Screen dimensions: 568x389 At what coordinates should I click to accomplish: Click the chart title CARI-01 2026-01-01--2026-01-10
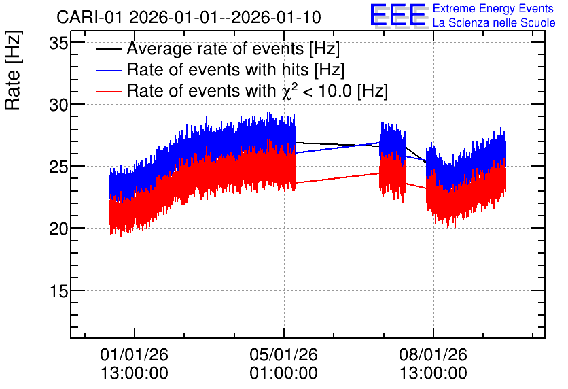point(189,17)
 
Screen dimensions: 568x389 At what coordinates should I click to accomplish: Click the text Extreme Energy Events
point(493,8)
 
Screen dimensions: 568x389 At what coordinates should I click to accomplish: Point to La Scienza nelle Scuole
point(494,23)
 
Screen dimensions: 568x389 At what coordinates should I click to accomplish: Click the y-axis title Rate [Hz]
point(13,70)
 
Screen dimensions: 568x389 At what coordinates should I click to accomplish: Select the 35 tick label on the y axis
point(58,44)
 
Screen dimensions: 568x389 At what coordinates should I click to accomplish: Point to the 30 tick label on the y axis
point(58,105)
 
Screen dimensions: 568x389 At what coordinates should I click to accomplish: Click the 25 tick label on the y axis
point(58,167)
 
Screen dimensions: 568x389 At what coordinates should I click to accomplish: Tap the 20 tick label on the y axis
point(58,229)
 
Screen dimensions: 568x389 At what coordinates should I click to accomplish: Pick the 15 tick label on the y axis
point(58,292)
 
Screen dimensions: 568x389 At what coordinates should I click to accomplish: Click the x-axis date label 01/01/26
point(135,354)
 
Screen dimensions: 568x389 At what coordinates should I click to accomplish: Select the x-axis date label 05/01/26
point(283,354)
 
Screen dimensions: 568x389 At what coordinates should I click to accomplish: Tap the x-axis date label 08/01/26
point(433,354)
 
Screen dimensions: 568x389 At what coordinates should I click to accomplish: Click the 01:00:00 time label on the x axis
point(283,373)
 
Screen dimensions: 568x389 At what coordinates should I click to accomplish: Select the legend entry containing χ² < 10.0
point(258,90)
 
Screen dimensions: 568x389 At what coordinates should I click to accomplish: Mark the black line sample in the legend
point(108,49)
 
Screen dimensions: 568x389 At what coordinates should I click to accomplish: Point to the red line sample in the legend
point(108,91)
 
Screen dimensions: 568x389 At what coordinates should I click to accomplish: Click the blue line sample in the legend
point(108,70)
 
